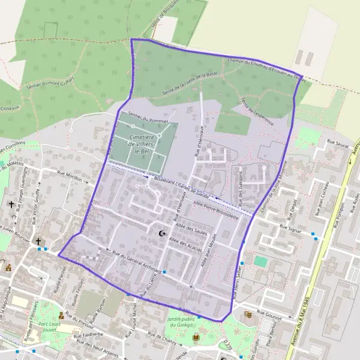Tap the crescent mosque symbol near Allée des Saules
click(x=161, y=233)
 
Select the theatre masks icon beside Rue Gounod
click(x=248, y=314)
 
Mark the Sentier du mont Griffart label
click(x=50, y=85)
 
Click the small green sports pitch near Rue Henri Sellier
click(x=260, y=262)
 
